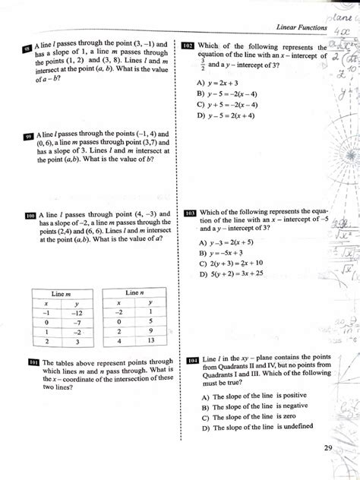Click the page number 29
[x=327, y=448]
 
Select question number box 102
[x=189, y=46]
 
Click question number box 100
[x=30, y=216]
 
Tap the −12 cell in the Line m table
[x=77, y=311]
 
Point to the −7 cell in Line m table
[x=77, y=322]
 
